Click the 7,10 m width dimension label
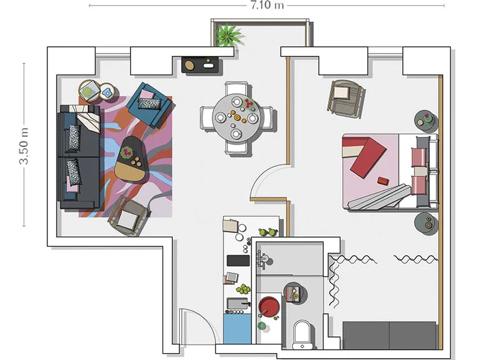click(267, 5)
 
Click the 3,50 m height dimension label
click(24, 146)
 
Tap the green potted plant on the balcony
click(228, 35)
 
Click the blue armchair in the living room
click(149, 104)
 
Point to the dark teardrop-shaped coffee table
click(131, 159)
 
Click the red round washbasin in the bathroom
click(269, 307)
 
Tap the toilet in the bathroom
click(302, 334)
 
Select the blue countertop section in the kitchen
click(237, 328)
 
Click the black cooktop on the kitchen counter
click(238, 260)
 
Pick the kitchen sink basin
click(238, 303)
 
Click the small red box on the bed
click(383, 181)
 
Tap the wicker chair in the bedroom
click(346, 97)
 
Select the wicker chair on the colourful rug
click(129, 216)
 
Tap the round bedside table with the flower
click(426, 121)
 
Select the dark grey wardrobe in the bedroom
click(390, 335)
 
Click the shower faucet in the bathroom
click(262, 259)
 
